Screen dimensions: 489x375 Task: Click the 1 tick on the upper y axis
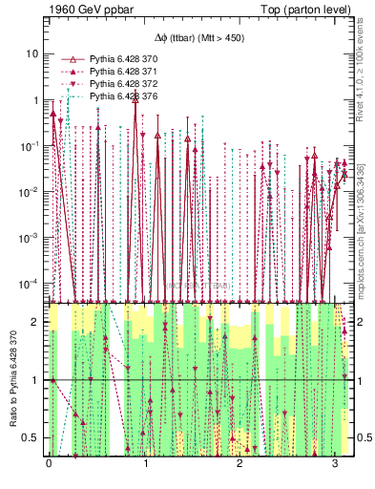(35, 100)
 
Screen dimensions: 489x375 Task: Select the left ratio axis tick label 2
(36, 322)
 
